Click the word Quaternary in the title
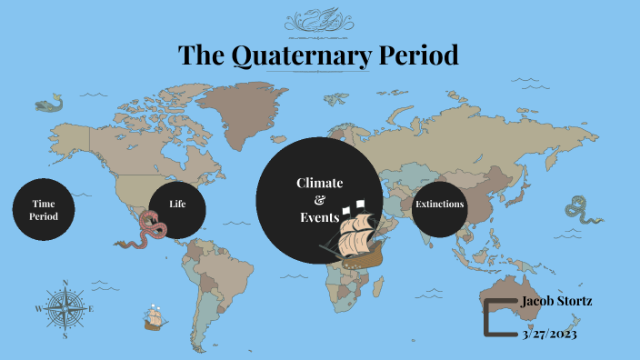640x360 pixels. (x=300, y=55)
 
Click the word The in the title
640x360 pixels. (x=200, y=55)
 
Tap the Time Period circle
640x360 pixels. (x=44, y=210)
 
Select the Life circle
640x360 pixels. (x=176, y=204)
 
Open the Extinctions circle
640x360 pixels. (x=439, y=205)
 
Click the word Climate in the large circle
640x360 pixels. (x=319, y=184)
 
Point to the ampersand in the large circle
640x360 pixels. (x=318, y=200)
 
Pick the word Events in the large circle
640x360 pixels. (x=319, y=218)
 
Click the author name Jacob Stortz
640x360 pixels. (x=556, y=301)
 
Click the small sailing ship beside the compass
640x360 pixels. (x=154, y=317)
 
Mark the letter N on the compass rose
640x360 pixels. (x=65, y=283)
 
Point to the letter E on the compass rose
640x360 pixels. (x=92, y=309)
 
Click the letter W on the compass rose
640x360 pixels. (x=38, y=309)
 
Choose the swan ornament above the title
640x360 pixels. (x=319, y=19)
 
